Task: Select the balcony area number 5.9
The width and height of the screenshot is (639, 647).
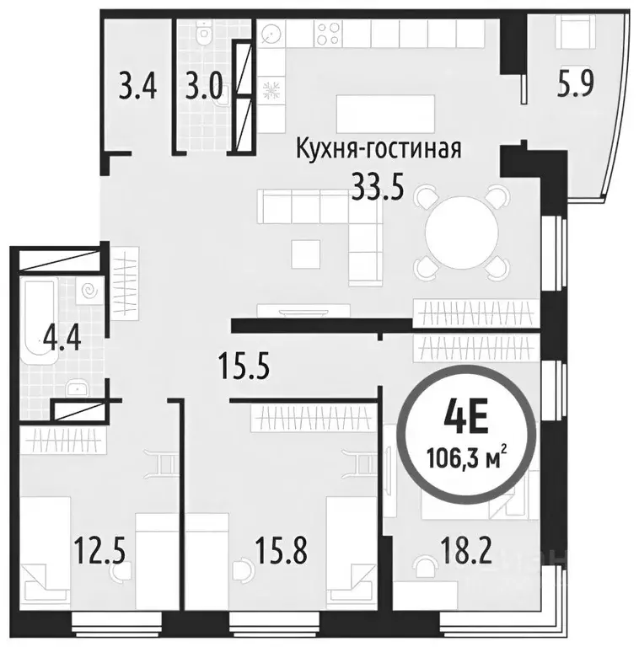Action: click(x=577, y=84)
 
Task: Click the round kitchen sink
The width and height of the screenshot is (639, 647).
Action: click(x=272, y=35)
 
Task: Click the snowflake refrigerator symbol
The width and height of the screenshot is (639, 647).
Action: click(x=272, y=90)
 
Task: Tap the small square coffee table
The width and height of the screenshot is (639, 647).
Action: click(x=305, y=251)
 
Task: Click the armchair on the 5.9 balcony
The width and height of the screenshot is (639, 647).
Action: click(x=576, y=34)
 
